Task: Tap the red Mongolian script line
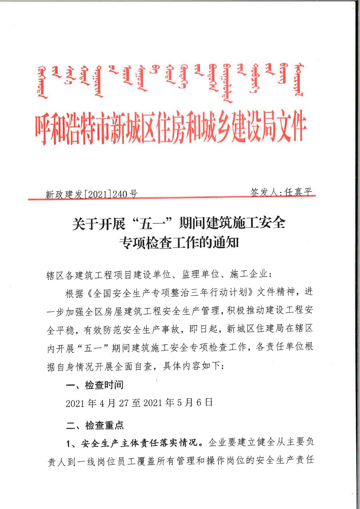171,82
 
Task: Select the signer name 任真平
298,192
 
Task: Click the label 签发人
264,192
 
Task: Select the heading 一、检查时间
95,385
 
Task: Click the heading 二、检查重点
95,425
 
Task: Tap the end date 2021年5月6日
178,403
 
